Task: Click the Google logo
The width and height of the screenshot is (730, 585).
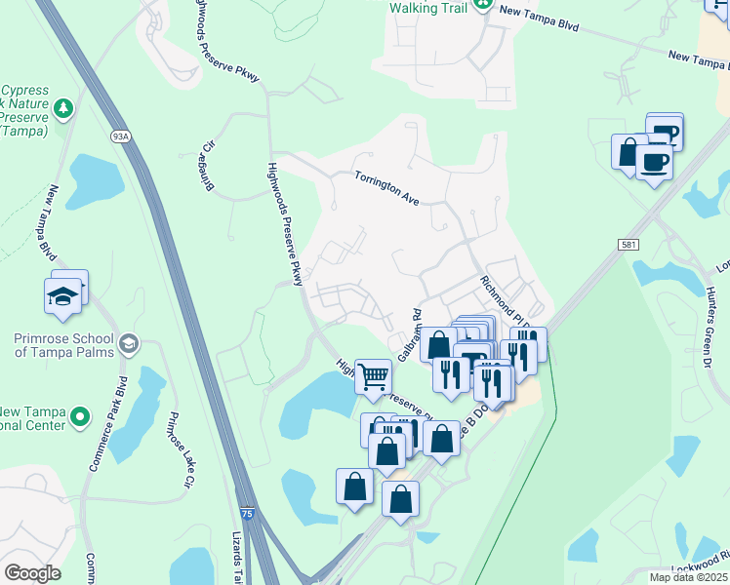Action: pos(32,573)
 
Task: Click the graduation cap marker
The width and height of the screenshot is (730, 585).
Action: pos(62,295)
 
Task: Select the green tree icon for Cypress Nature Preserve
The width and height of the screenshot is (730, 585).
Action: pos(63,107)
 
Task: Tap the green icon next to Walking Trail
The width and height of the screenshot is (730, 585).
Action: pos(482,6)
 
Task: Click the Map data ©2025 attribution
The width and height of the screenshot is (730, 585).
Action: pos(688,577)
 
